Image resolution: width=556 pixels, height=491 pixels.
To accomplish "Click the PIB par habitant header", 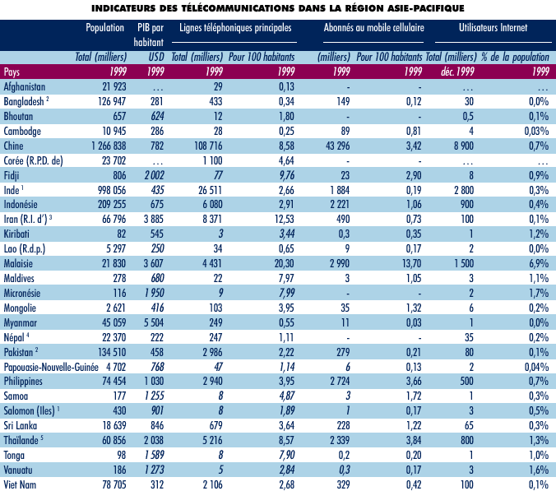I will point(151,33).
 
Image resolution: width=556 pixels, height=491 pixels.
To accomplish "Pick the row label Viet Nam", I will point(21,486).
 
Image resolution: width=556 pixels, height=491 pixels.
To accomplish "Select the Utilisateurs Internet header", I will point(493,27).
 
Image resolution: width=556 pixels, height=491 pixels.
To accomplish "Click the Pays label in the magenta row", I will point(12,72).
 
